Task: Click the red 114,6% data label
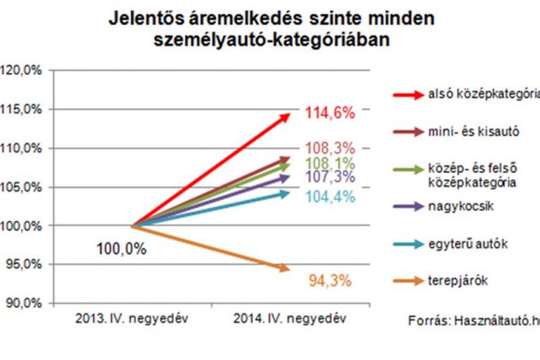click(329, 113)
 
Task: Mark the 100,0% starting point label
click(122, 249)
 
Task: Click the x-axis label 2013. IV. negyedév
click(133, 317)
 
